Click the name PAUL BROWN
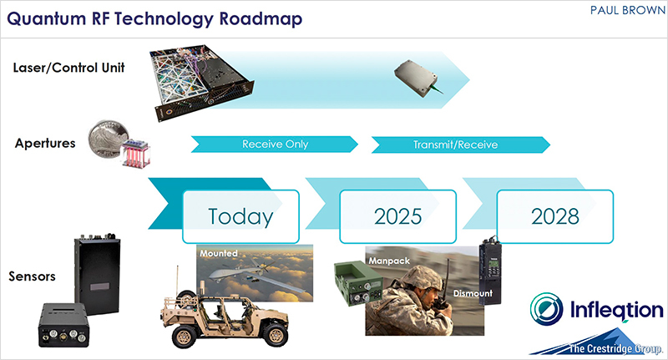click(x=627, y=10)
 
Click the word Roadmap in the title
click(x=261, y=19)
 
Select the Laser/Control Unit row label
click(x=68, y=68)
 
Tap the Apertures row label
click(x=45, y=143)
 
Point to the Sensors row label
click(x=32, y=276)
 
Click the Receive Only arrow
click(x=275, y=144)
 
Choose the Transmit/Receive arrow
click(x=461, y=145)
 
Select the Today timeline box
click(x=240, y=216)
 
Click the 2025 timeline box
click(x=398, y=216)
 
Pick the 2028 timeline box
click(x=555, y=216)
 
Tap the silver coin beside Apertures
click(x=108, y=138)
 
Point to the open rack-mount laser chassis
click(x=201, y=81)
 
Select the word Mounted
click(x=219, y=253)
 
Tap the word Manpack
click(x=389, y=261)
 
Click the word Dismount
click(x=473, y=293)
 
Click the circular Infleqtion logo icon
click(x=547, y=309)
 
